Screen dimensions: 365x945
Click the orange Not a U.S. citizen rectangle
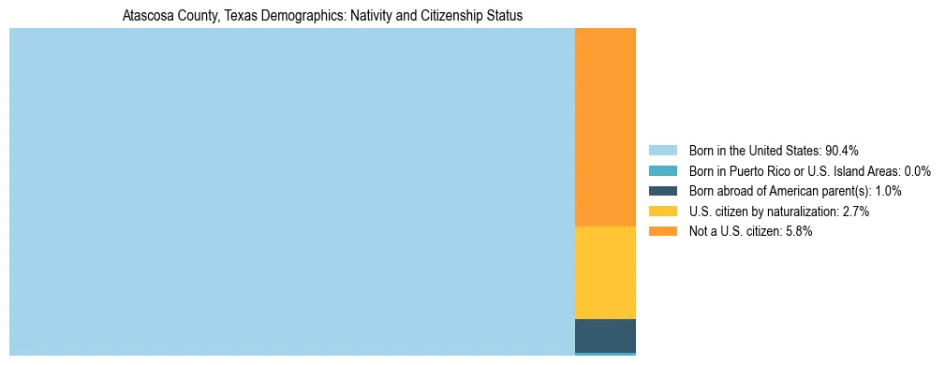pos(605,127)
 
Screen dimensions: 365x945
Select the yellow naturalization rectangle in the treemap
pos(605,272)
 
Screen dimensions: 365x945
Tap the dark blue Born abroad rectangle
pos(605,335)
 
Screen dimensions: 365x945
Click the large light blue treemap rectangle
pos(291,192)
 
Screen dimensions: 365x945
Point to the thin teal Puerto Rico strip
pos(605,354)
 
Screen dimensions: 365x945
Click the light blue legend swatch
pos(662,151)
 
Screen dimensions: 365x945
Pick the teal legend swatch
pos(662,171)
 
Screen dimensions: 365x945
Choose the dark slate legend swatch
pos(662,191)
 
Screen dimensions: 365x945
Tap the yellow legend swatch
pos(662,212)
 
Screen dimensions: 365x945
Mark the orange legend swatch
pos(662,231)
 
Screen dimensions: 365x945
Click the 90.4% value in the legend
pos(842,151)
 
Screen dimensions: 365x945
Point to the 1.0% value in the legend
pos(888,191)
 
